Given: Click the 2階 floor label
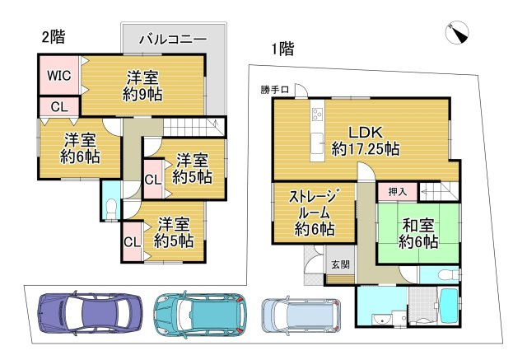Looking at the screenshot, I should click(54, 36).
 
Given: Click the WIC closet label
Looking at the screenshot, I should click(58, 75).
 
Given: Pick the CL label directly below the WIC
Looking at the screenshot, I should click(58, 106).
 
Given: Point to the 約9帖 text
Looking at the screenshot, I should click(142, 93).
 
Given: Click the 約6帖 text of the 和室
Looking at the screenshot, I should click(417, 241).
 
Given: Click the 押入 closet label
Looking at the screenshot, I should click(397, 191).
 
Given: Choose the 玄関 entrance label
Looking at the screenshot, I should click(340, 264).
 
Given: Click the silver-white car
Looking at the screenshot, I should click(300, 314).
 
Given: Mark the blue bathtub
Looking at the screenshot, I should click(450, 307).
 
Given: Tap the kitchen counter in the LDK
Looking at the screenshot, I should click(317, 132).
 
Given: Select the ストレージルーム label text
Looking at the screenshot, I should click(311, 212).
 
